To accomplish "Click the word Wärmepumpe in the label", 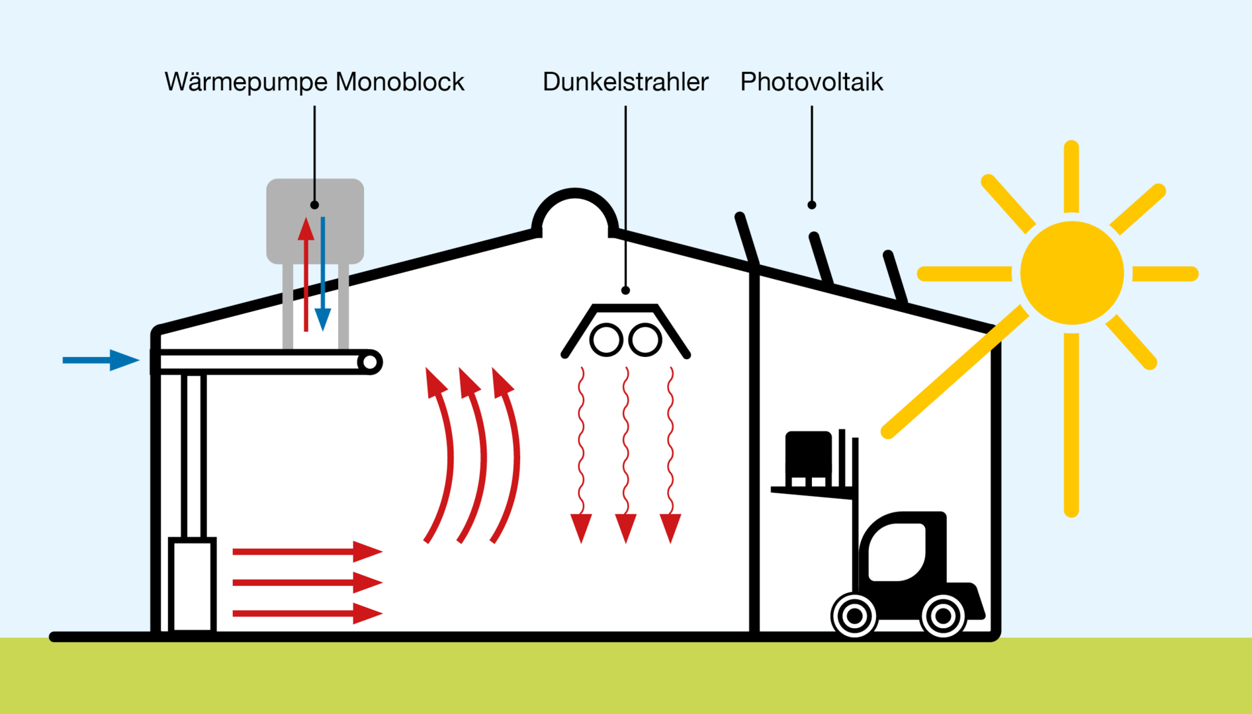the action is (246, 83).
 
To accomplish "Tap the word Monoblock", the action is (400, 82).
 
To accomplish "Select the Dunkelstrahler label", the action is (625, 82).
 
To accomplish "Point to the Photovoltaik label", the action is (811, 82).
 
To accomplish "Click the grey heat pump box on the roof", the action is (315, 221).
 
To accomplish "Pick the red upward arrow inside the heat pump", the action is (306, 274).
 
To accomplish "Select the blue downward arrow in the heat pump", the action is (323, 274).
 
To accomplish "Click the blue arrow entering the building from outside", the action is (101, 360).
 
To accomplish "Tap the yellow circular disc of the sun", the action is (1072, 273).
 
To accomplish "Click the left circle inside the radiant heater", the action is (606, 340).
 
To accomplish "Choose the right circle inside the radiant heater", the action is (645, 340).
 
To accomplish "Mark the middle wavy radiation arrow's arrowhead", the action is (626, 528).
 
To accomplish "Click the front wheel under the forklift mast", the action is (854, 615).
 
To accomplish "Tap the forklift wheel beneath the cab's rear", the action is (943, 616).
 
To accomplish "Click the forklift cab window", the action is (897, 552).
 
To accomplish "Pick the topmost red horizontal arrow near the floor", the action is (308, 551).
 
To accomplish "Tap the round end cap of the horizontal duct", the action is (371, 362).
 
